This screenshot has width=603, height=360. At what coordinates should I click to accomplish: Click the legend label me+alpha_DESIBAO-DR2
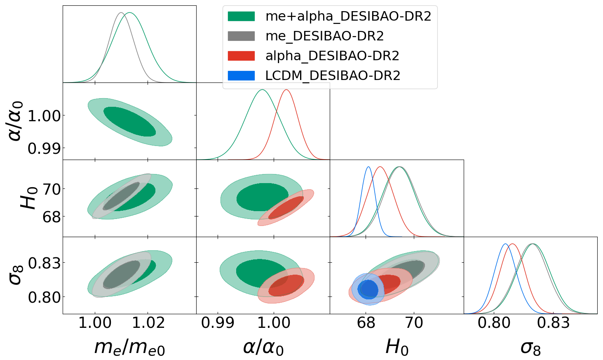(x=348, y=16)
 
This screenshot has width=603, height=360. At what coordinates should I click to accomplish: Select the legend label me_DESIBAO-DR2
(x=324, y=36)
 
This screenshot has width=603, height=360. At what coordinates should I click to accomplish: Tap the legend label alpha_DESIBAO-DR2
(x=332, y=56)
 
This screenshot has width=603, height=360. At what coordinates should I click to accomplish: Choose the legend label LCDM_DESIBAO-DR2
(x=333, y=76)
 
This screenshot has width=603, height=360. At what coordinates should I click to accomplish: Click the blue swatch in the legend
(x=241, y=76)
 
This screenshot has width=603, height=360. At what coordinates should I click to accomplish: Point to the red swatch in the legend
(x=241, y=56)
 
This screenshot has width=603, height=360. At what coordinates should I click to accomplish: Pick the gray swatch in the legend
(x=241, y=36)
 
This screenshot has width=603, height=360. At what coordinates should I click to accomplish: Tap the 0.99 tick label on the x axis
(x=218, y=322)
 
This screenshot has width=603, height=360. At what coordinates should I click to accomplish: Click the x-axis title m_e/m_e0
(x=129, y=347)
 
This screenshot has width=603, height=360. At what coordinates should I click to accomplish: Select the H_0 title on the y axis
(x=29, y=198)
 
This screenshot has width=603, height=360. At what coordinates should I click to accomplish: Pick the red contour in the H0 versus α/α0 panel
(x=286, y=207)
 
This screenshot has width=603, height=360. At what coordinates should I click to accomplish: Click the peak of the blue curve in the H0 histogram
(x=368, y=167)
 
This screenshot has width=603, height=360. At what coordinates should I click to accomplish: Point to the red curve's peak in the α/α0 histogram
(x=286, y=90)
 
